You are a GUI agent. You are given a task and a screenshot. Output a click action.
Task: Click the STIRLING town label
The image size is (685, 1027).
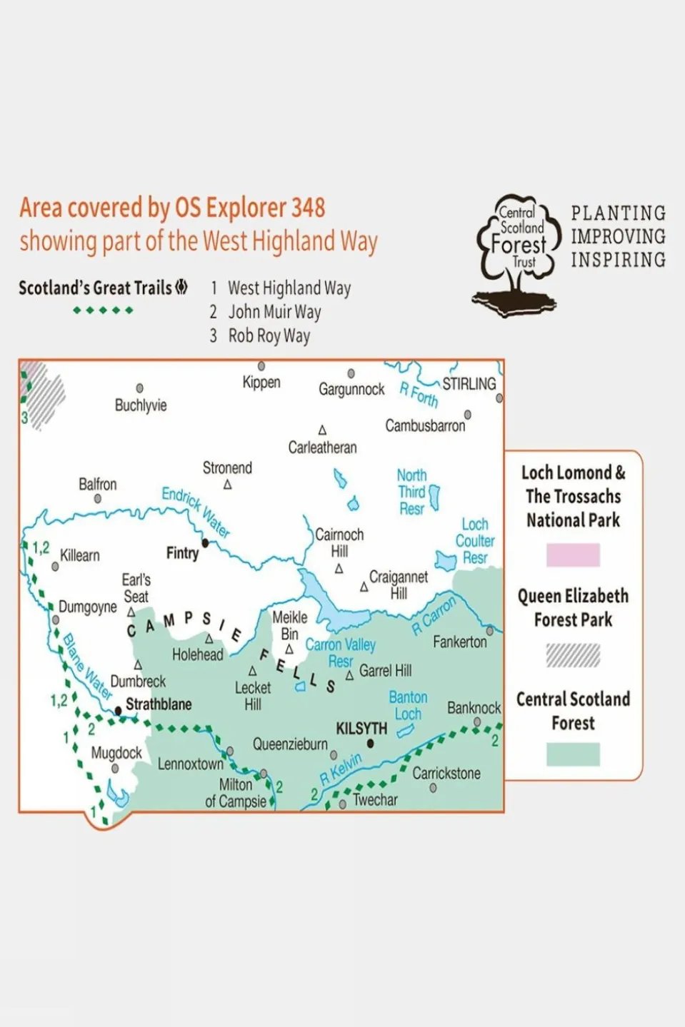[x=469, y=384]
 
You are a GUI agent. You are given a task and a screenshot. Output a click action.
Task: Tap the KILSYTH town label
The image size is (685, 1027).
[x=361, y=729]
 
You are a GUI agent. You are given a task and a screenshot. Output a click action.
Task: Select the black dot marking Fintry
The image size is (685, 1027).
[x=206, y=543]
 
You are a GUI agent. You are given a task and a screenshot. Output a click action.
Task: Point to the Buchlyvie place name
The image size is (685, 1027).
[x=141, y=405]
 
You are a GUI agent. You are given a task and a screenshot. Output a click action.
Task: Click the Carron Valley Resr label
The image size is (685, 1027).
[x=340, y=652]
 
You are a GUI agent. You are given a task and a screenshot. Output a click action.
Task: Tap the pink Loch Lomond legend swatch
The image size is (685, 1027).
[x=573, y=555]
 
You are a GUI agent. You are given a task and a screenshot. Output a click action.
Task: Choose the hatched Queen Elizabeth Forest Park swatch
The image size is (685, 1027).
[x=573, y=654]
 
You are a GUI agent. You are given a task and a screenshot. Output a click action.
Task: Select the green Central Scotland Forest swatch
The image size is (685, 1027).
[x=573, y=754]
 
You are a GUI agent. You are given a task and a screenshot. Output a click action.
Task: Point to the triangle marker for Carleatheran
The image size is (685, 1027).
[x=322, y=430]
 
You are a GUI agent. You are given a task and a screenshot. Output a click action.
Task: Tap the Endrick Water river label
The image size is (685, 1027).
[x=196, y=511]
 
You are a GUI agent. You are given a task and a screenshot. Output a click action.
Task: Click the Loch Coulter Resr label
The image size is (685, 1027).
[x=475, y=541]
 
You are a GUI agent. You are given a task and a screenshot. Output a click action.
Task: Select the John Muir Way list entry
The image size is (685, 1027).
[x=274, y=312]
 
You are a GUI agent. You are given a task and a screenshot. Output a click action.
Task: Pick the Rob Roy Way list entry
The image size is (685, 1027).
[x=269, y=335]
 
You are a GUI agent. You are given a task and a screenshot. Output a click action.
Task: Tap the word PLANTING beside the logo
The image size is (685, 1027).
[x=618, y=213]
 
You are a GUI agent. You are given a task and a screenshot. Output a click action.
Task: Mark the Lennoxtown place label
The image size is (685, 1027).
[x=190, y=764]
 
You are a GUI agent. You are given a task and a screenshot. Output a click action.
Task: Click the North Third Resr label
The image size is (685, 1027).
[x=411, y=492]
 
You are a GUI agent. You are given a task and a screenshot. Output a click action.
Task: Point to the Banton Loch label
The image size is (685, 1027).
[x=408, y=705]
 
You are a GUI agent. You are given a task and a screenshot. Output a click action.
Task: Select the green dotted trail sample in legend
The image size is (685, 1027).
[x=103, y=310]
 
